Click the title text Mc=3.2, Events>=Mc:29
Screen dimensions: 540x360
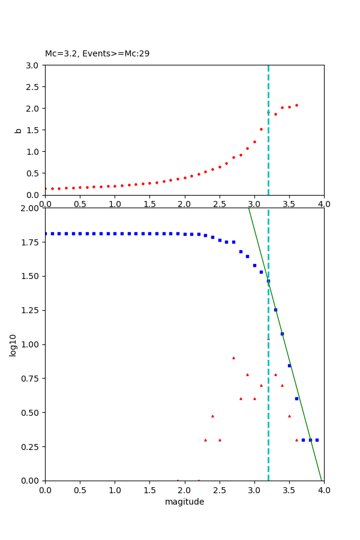[x=97, y=54]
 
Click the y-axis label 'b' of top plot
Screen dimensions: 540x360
[x=18, y=130]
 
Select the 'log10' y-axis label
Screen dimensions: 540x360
[x=13, y=344]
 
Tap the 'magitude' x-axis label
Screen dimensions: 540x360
[x=184, y=502]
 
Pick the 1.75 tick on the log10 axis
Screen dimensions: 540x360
[x=30, y=242]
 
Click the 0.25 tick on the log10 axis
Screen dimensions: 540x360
[x=30, y=446]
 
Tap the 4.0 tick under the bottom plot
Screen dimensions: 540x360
[x=324, y=490]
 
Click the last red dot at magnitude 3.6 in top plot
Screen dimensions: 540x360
[x=296, y=105]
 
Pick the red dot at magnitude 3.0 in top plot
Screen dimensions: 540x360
[x=254, y=142]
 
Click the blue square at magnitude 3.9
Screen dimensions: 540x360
[x=317, y=440]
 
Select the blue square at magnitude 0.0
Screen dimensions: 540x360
[x=45, y=233]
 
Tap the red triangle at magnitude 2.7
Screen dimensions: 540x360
[x=233, y=358]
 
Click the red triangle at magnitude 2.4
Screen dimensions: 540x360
[x=212, y=416]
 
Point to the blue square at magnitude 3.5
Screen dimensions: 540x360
[x=289, y=365]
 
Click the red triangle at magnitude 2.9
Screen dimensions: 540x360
[x=247, y=374]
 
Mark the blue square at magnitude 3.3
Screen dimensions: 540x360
[x=275, y=310]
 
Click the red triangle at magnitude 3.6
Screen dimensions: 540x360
[x=296, y=440]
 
